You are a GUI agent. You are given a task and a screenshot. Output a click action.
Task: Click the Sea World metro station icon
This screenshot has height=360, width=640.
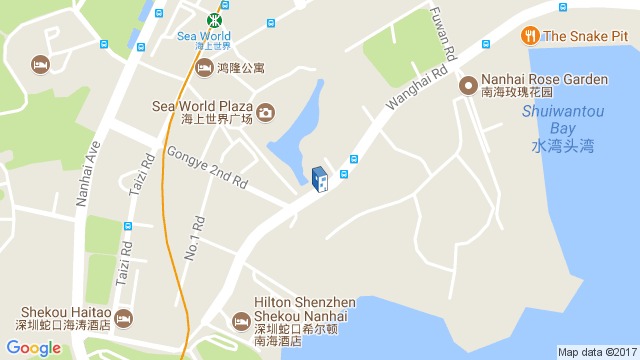coord(215,19)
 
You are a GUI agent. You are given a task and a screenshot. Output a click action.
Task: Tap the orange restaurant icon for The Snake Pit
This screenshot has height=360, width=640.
coord(529,36)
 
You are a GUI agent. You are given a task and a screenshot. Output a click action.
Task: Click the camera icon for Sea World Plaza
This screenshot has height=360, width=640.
coord(265,112)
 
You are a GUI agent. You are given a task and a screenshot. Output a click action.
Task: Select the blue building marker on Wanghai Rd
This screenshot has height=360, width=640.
coord(320,180)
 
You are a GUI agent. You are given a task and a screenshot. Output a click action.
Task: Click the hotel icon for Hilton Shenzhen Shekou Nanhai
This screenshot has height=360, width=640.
coord(240,321)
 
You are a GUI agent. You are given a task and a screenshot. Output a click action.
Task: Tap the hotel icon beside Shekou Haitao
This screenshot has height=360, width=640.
coord(123,318)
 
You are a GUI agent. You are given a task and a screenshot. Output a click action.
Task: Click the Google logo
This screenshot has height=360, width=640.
coord(34,348)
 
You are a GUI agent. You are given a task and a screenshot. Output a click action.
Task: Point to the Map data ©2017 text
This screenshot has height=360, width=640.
coord(597,352)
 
